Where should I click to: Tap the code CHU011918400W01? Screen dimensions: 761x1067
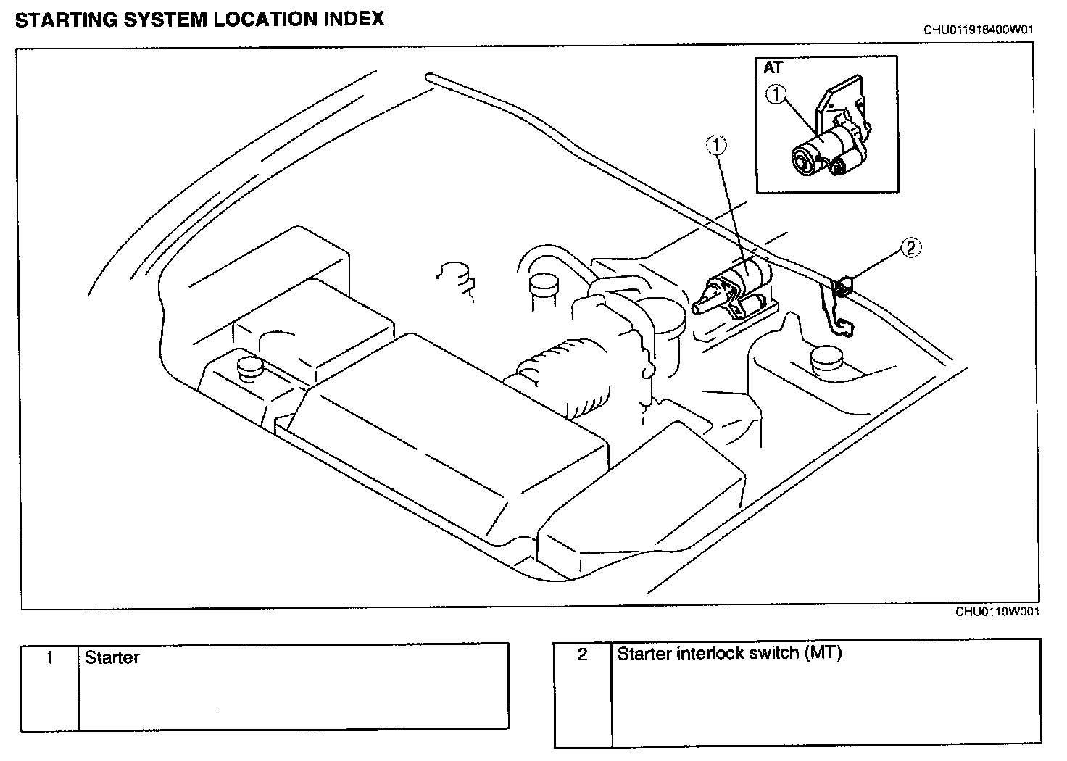[978, 30]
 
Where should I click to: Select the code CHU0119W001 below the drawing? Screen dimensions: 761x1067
[997, 612]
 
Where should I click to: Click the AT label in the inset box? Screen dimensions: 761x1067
[773, 68]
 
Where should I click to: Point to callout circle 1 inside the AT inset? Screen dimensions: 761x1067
[776, 93]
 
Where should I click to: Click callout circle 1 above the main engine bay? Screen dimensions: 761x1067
[716, 146]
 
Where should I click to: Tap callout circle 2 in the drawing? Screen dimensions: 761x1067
[910, 248]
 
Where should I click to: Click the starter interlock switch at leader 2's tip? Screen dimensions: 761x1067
[843, 286]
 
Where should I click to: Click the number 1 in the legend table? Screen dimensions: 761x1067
[49, 658]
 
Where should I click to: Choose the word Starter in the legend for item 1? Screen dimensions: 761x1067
[112, 658]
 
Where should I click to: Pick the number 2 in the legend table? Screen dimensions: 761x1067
[582, 654]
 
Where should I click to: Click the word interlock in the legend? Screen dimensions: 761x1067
[708, 653]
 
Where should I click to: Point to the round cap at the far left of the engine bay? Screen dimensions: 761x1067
[248, 367]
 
